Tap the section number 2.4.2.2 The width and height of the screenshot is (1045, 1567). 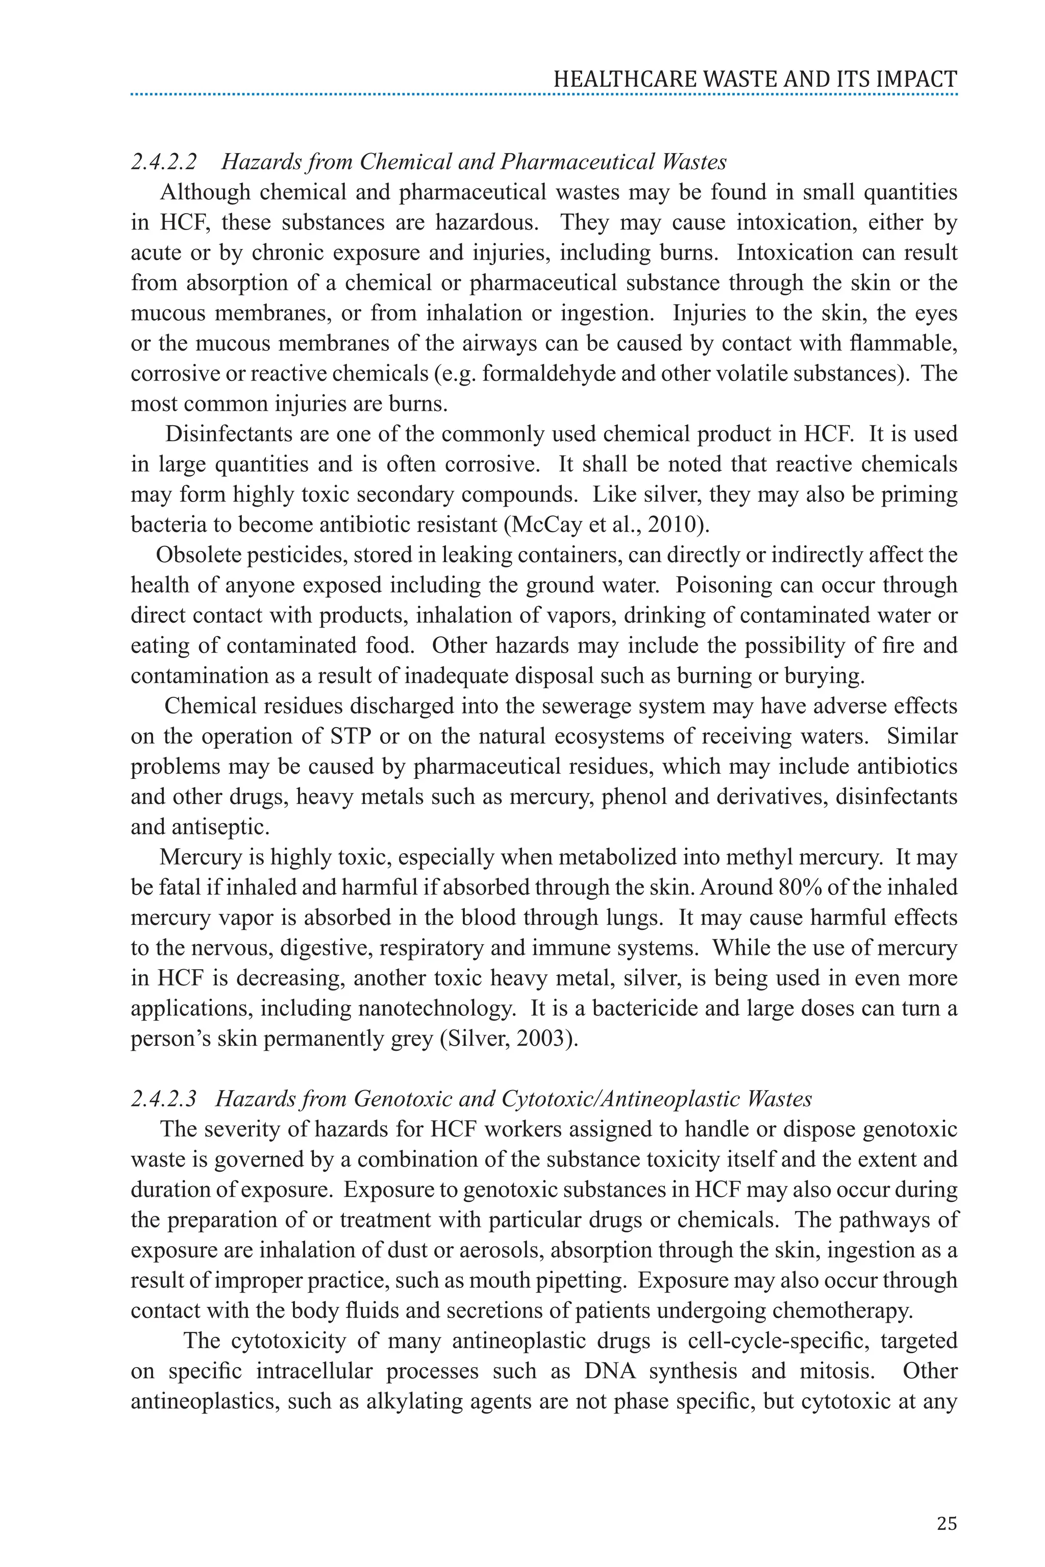164,162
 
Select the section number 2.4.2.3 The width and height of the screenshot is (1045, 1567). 164,1099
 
